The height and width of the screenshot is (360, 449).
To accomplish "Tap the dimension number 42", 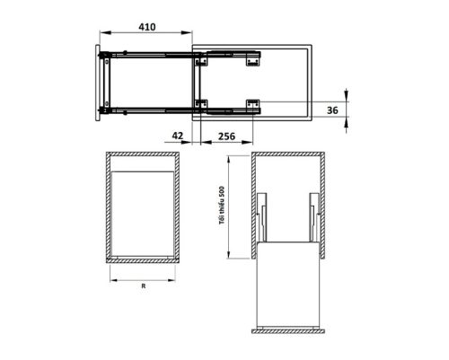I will [x=177, y=136].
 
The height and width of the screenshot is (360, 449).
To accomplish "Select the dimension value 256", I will [x=225, y=136].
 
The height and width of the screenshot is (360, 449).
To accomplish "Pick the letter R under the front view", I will [x=143, y=287].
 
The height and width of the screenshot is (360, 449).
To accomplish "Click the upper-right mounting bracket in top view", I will [x=252, y=60].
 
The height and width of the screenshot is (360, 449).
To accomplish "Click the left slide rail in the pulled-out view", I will [x=262, y=219].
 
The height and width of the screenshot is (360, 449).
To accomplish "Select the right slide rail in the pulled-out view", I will [x=313, y=219].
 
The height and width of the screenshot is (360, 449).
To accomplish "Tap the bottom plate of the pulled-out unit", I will [x=288, y=326].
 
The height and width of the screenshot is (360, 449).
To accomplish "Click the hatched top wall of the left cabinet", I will [x=143, y=155].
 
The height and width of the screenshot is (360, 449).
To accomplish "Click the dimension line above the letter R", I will [x=143, y=277].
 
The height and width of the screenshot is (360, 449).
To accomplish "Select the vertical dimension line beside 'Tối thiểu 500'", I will [x=230, y=204].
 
